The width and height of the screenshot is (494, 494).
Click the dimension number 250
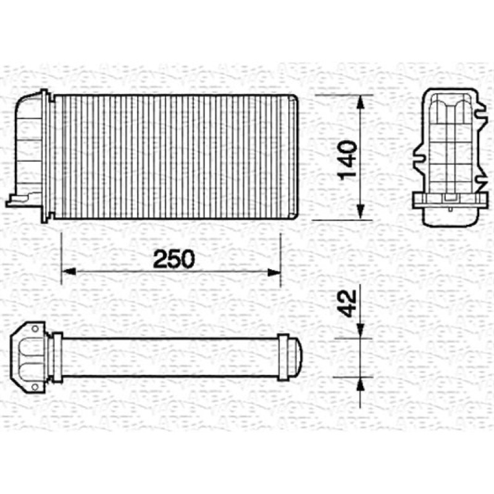[174, 259]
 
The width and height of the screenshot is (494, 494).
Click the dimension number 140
[347, 161]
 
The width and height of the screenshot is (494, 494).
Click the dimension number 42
[347, 303]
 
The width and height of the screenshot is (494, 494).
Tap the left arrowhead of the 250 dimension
[69, 271]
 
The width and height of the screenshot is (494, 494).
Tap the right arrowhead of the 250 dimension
[274, 271]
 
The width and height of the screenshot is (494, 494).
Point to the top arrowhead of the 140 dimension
[361, 102]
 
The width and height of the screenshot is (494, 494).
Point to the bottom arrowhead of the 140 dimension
[361, 212]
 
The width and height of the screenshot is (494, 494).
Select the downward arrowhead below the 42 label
[361, 330]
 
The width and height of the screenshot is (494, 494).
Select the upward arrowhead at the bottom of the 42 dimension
[361, 385]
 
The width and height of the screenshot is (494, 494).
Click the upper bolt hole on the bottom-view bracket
[35, 329]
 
